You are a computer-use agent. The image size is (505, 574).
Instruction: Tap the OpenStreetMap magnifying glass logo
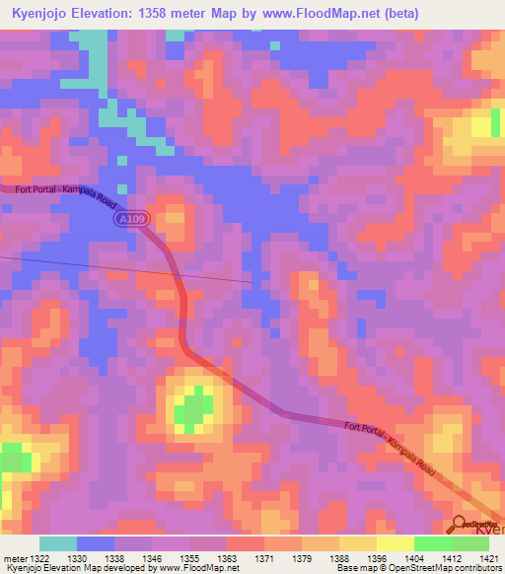pos(462,525)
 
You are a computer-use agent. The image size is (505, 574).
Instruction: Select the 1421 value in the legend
pos(490,559)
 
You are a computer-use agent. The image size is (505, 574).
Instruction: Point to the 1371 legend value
pos(265,559)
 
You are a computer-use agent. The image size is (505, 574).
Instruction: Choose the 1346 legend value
pos(153,559)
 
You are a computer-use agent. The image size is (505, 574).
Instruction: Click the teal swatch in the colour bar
pos(58,543)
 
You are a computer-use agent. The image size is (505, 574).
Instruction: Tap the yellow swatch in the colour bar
pos(395,543)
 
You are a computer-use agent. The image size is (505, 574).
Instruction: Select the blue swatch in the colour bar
pos(96,543)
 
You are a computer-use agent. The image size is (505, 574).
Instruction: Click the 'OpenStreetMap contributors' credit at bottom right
pos(450,568)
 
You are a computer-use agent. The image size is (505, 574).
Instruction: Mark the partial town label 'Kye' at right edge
pos(490,531)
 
